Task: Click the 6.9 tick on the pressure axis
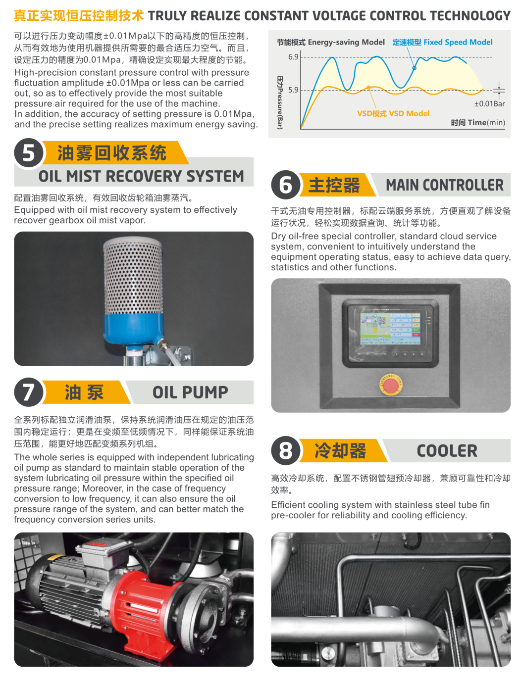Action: (x=293, y=57)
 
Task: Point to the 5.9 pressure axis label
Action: (x=293, y=90)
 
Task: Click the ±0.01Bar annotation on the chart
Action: (x=489, y=103)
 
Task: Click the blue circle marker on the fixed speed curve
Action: (x=414, y=68)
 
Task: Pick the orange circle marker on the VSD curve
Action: (x=368, y=88)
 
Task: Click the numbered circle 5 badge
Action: (x=28, y=153)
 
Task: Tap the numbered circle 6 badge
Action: (x=285, y=185)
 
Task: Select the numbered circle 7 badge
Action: (x=28, y=392)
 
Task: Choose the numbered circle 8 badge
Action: (x=285, y=450)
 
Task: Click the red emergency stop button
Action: (x=390, y=386)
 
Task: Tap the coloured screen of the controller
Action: (x=390, y=329)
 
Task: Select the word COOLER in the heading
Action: (x=447, y=451)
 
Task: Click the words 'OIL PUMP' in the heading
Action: (x=190, y=392)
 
